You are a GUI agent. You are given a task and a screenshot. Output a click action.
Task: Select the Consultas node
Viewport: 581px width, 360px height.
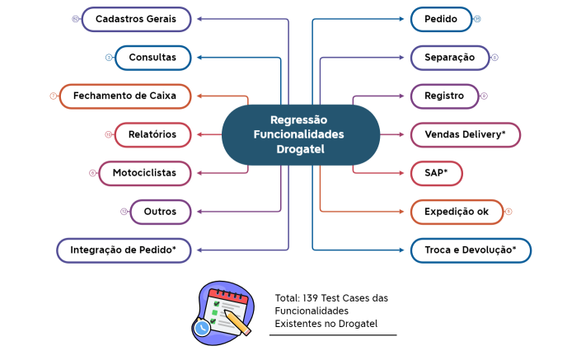(152, 58)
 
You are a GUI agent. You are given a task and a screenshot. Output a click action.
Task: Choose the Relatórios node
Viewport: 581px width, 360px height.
(152, 134)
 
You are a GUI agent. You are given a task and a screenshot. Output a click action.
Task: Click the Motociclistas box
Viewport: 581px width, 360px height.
(144, 173)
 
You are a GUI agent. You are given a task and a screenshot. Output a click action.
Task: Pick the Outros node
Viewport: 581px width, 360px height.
(160, 212)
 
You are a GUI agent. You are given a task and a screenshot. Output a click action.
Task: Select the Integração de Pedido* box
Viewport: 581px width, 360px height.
(124, 250)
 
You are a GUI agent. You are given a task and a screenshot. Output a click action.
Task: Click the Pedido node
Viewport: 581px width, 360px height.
(441, 19)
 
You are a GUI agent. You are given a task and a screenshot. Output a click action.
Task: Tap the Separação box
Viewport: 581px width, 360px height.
(449, 58)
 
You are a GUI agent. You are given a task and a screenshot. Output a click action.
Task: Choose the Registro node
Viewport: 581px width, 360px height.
(444, 96)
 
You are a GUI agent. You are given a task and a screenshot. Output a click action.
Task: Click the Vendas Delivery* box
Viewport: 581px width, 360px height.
(466, 134)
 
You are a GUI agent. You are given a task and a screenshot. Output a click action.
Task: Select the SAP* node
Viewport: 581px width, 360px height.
(436, 173)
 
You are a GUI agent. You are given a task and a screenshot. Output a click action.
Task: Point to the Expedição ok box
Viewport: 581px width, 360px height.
(456, 212)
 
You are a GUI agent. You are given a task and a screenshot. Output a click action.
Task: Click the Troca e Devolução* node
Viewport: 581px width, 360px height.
(471, 250)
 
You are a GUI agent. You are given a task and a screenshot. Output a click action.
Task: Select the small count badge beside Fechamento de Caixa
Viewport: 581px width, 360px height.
(53, 96)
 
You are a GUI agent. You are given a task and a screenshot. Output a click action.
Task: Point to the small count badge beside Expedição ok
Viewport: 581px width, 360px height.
(508, 212)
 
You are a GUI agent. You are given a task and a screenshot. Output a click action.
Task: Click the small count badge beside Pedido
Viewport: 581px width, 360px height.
(477, 19)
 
